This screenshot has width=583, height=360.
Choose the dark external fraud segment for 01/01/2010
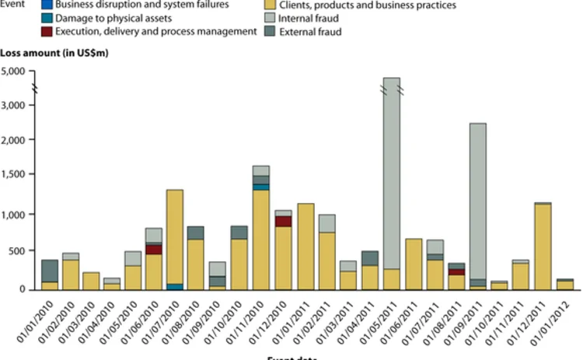pos(51,271)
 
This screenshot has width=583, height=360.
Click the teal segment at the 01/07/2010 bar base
pos(174,287)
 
